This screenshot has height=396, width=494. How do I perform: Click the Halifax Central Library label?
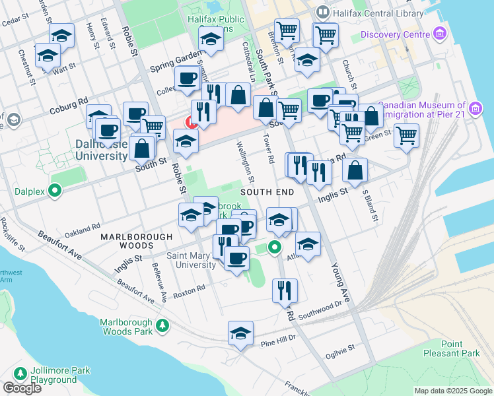[378, 13]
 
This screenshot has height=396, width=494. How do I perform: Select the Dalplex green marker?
[56, 192]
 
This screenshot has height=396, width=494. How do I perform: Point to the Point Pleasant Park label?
[461, 348]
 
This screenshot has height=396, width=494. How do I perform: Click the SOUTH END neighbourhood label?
[266, 191]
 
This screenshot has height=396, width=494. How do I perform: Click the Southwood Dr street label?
[321, 308]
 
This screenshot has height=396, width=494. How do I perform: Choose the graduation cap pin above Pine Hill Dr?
[241, 334]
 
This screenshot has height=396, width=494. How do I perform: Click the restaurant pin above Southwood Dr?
[285, 290]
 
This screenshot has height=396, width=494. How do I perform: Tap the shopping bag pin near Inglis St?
[355, 170]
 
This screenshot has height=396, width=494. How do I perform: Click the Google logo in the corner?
[22, 388]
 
